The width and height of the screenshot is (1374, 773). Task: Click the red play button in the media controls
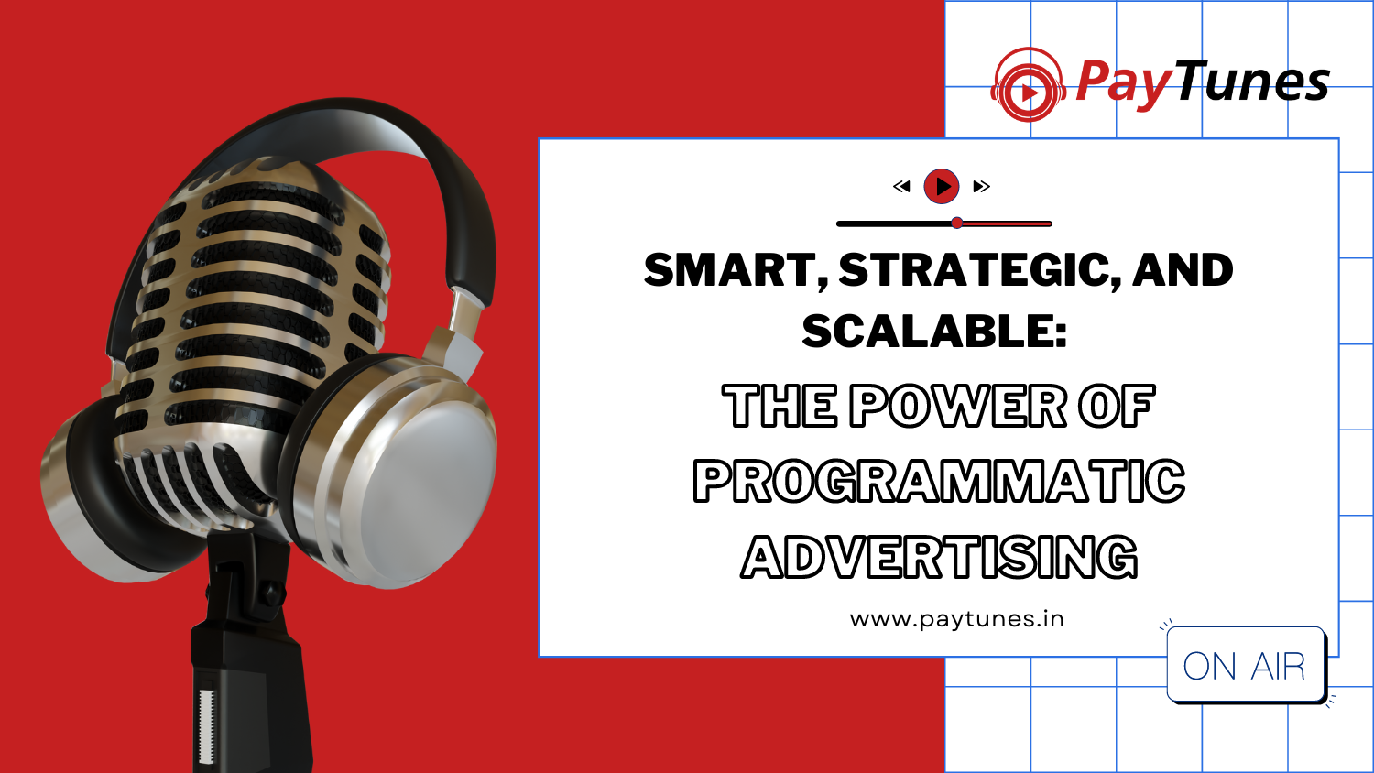coord(942,186)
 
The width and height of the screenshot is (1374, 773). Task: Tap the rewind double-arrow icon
coord(901,186)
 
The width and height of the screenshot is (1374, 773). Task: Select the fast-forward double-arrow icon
coord(981,186)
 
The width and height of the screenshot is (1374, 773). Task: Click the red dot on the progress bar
coord(957,223)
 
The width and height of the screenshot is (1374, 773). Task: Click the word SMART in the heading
coord(736,270)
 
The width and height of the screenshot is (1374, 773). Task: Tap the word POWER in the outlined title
coord(957,406)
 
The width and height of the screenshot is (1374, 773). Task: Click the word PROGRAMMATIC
coord(939,481)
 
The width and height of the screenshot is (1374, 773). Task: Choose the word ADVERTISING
coord(939,557)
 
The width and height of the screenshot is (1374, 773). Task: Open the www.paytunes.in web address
coord(957,619)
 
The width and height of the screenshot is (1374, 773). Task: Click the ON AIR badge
coord(1245,665)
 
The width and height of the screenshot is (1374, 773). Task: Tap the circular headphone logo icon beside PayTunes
coord(1028,85)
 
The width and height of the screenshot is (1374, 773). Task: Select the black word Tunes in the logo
coord(1252,80)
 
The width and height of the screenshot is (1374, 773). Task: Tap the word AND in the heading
coord(1183,270)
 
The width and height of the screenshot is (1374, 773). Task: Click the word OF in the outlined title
coord(1117,406)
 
